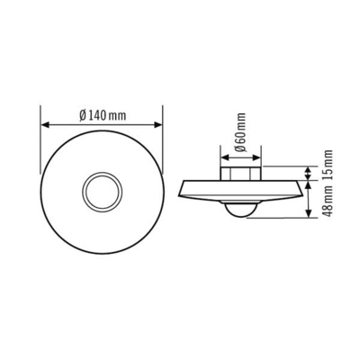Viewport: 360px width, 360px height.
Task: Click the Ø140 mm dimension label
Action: pos(101,116)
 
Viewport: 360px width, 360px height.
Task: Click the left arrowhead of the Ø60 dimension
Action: pos(222,158)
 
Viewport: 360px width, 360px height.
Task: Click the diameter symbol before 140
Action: pos(82,116)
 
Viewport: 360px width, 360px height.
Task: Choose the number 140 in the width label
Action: pos(96,116)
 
